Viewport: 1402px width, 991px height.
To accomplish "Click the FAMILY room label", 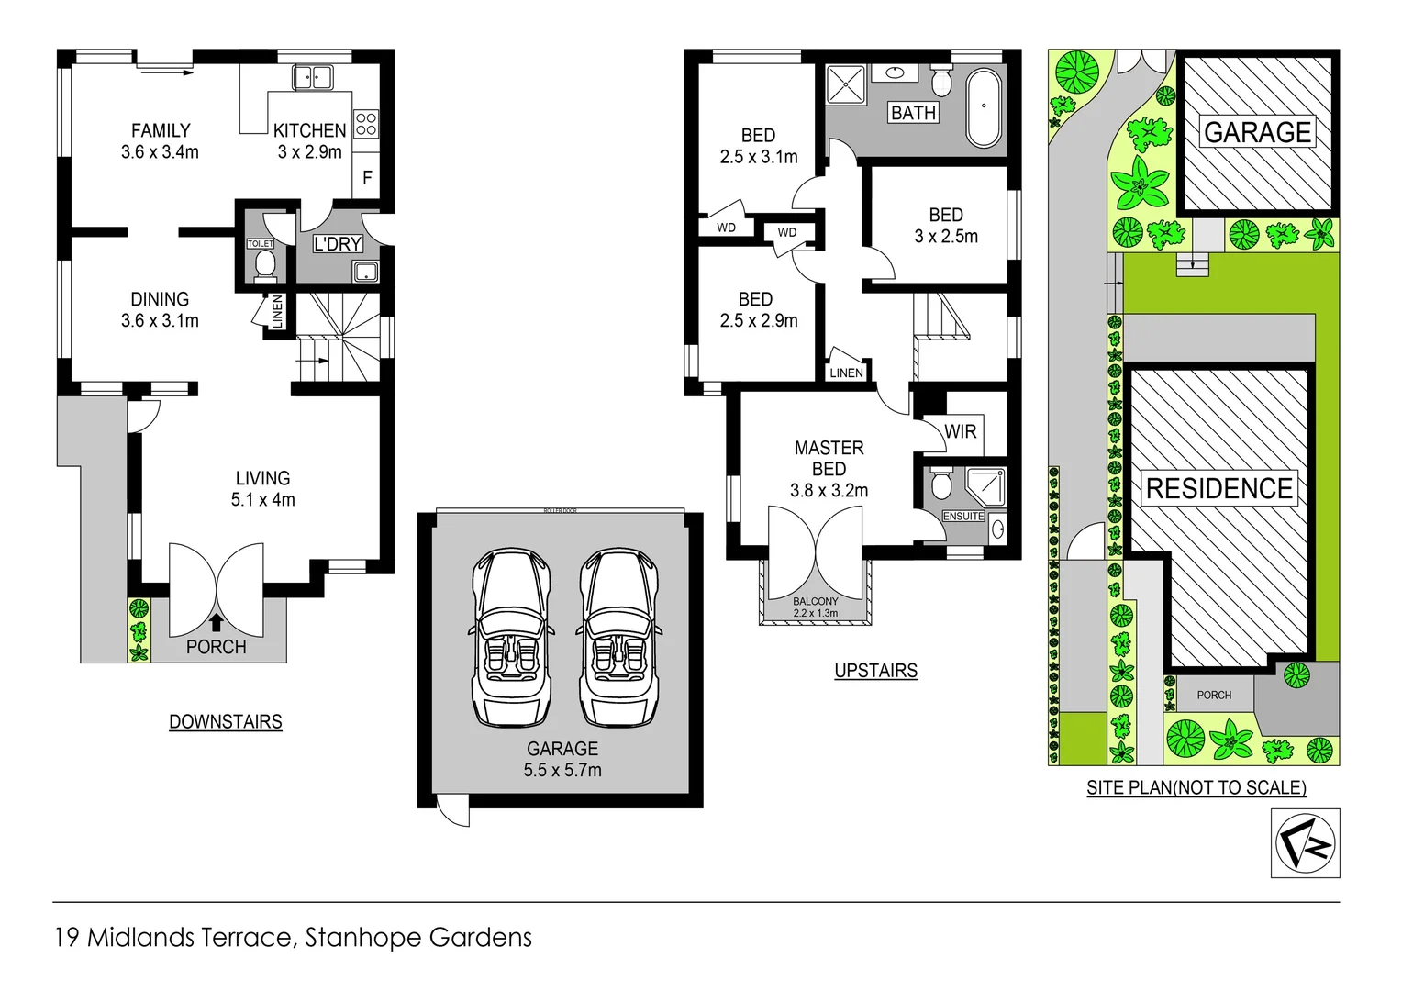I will (161, 131).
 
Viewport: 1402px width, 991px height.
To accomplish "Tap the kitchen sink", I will (312, 77).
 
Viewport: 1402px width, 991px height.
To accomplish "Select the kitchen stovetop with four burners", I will (365, 125).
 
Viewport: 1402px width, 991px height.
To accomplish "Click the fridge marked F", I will (367, 178).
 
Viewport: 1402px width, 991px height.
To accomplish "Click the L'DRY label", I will (338, 244).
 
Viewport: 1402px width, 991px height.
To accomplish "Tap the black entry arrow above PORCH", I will (217, 623).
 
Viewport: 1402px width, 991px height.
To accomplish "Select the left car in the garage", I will (510, 637).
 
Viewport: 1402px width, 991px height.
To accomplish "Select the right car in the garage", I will (618, 637).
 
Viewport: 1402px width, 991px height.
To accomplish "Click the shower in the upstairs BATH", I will (846, 85).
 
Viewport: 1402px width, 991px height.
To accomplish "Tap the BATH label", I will (913, 113).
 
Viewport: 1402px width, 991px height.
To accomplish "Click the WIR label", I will (960, 431).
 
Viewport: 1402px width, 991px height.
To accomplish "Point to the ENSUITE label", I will (963, 517).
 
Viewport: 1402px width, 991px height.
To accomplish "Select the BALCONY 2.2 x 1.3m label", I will (815, 607).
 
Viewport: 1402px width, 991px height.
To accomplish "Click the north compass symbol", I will (1305, 843).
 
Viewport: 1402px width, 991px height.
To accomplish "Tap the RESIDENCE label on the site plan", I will (1219, 488).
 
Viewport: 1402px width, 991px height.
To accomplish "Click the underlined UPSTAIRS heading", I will (875, 671).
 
